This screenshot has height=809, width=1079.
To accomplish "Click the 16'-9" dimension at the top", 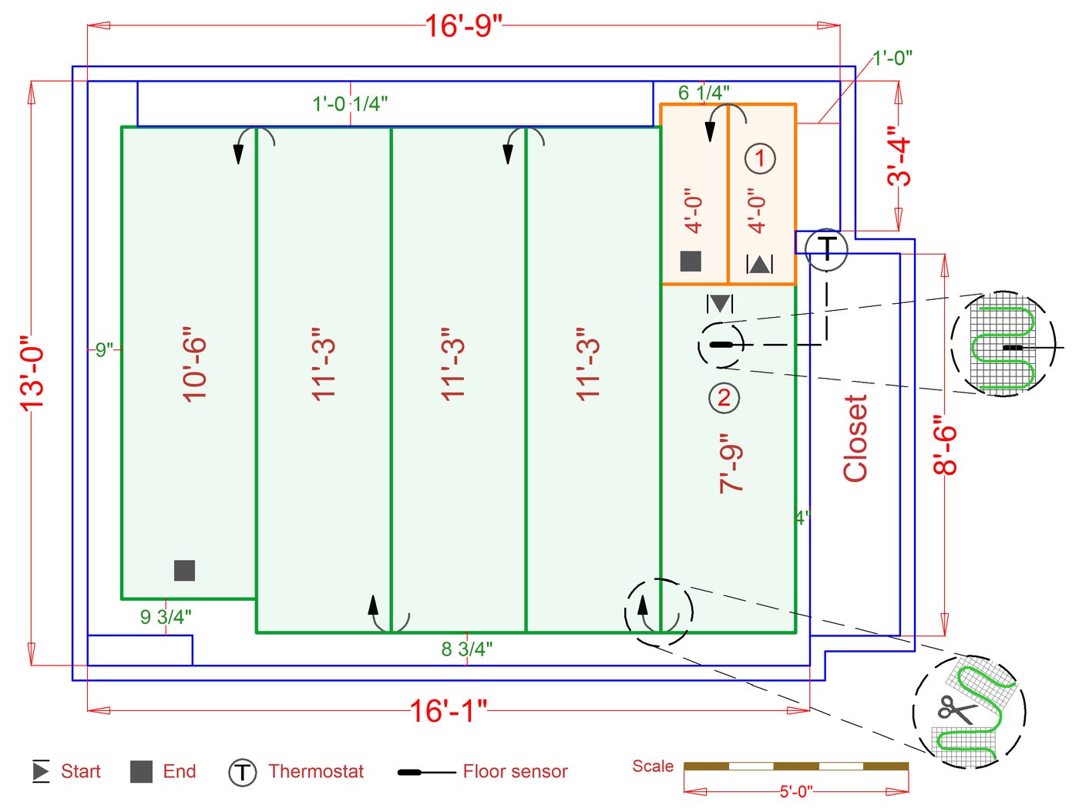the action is point(463,26).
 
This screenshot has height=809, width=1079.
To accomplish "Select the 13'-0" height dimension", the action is point(32,372).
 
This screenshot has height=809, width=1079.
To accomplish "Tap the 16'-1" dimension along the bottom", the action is point(448,710).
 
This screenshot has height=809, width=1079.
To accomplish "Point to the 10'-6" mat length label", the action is point(194,364).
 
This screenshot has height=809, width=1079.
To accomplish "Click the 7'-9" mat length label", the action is point(731,463).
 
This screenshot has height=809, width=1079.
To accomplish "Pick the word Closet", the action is point(855,438).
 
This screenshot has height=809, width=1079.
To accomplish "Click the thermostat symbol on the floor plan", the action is point(827,249).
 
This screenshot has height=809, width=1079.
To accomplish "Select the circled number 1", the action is point(760,158).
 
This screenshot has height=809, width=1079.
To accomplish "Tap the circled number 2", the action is point(724,398).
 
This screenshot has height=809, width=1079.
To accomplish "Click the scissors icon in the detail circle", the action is point(956,710).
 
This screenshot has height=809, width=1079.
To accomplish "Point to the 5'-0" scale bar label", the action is point(796,791).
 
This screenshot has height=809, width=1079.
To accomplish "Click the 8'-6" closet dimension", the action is point(945,444).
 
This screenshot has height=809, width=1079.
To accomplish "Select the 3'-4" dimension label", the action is point(899,156).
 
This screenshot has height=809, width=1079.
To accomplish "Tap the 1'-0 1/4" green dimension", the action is point(350,104).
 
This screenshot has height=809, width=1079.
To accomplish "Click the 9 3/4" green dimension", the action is point(166,617).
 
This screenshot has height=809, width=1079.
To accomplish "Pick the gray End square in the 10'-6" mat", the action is point(184,571).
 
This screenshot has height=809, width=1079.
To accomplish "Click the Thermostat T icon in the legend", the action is point(242,773).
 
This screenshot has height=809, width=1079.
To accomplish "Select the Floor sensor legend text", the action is point(515,771).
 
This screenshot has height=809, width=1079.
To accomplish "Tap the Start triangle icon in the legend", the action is point(41,771).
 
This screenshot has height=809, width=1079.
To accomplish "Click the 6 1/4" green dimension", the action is point(704,93).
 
